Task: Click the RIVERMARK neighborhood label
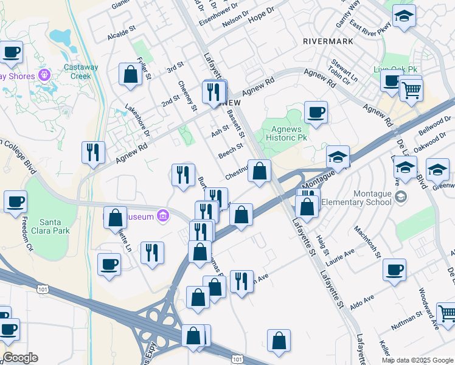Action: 328,41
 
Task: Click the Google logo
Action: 20,358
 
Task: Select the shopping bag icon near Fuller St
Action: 130,75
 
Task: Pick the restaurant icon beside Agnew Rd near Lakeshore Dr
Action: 93,152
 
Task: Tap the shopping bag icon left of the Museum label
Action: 115,218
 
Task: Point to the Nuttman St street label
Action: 406,321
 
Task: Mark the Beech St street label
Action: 231,150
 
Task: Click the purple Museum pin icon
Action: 162,215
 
